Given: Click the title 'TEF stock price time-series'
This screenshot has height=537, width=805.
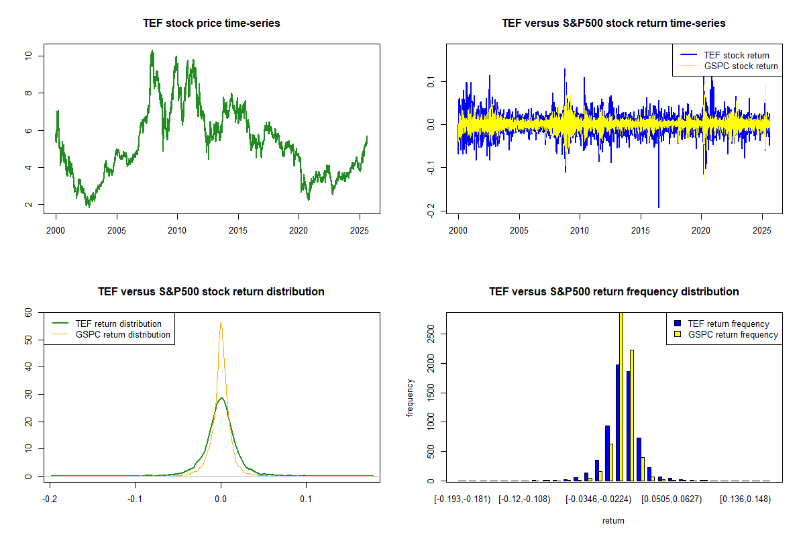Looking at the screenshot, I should pos(211,23).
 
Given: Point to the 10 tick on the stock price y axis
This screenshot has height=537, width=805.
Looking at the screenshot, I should pos(28,56).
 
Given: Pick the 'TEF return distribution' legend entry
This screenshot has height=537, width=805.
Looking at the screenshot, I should pos(118,324).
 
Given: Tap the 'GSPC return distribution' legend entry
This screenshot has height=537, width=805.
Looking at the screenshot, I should pos(122,334).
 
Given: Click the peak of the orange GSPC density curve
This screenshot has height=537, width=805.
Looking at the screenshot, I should pos(221,322).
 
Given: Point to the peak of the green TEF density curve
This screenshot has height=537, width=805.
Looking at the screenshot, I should pos(221,397).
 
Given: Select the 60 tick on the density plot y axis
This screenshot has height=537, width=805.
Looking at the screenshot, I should pos(28,313).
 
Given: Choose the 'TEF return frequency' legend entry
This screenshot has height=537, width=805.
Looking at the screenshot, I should pos(728,324).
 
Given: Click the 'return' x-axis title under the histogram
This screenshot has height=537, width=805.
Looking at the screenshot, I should pos(613,520).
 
